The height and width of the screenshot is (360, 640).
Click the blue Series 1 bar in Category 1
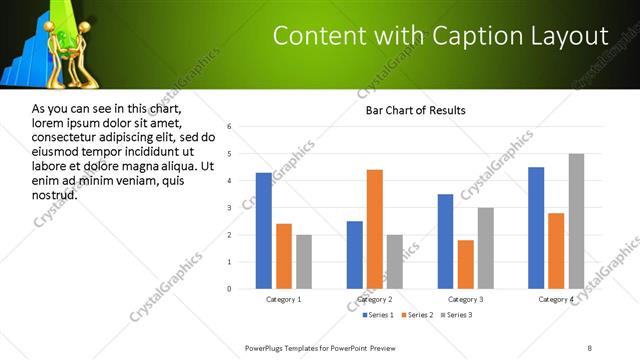[264, 231]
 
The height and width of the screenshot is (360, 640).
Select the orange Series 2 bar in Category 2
[375, 229]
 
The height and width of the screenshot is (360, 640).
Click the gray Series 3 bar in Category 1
[304, 262]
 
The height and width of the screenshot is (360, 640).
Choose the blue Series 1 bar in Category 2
[355, 255]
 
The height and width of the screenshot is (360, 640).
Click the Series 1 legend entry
[378, 315]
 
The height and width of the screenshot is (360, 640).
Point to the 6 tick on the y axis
[230, 127]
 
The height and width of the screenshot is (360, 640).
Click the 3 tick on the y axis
[230, 208]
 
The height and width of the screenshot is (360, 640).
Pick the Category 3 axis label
[465, 299]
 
